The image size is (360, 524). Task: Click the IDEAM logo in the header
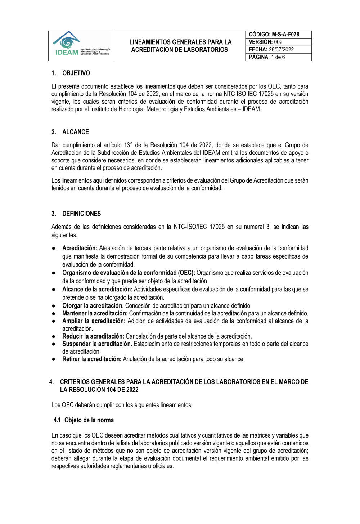(x=81, y=45)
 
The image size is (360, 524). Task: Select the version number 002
(x=278, y=42)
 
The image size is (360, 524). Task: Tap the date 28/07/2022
(x=281, y=50)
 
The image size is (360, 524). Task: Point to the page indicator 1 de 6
(x=278, y=57)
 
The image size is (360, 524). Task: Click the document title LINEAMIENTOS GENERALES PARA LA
(x=180, y=42)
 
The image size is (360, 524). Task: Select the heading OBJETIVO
(x=76, y=73)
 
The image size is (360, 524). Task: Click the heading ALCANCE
(x=76, y=132)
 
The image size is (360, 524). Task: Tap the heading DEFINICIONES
(x=81, y=214)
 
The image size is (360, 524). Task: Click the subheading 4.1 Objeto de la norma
(x=84, y=420)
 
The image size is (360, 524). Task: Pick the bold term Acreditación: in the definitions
(x=80, y=248)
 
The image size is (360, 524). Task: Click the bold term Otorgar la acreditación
(x=93, y=306)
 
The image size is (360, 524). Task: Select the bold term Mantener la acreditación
(x=95, y=314)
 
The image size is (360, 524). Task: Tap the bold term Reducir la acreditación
(x=93, y=336)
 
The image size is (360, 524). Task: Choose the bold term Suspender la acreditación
(x=97, y=344)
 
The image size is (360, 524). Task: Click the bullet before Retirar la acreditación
(x=53, y=359)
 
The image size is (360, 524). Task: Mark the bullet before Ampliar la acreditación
(x=53, y=321)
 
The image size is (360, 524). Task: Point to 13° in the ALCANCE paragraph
(x=128, y=145)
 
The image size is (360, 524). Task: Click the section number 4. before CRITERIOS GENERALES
(x=51, y=382)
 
